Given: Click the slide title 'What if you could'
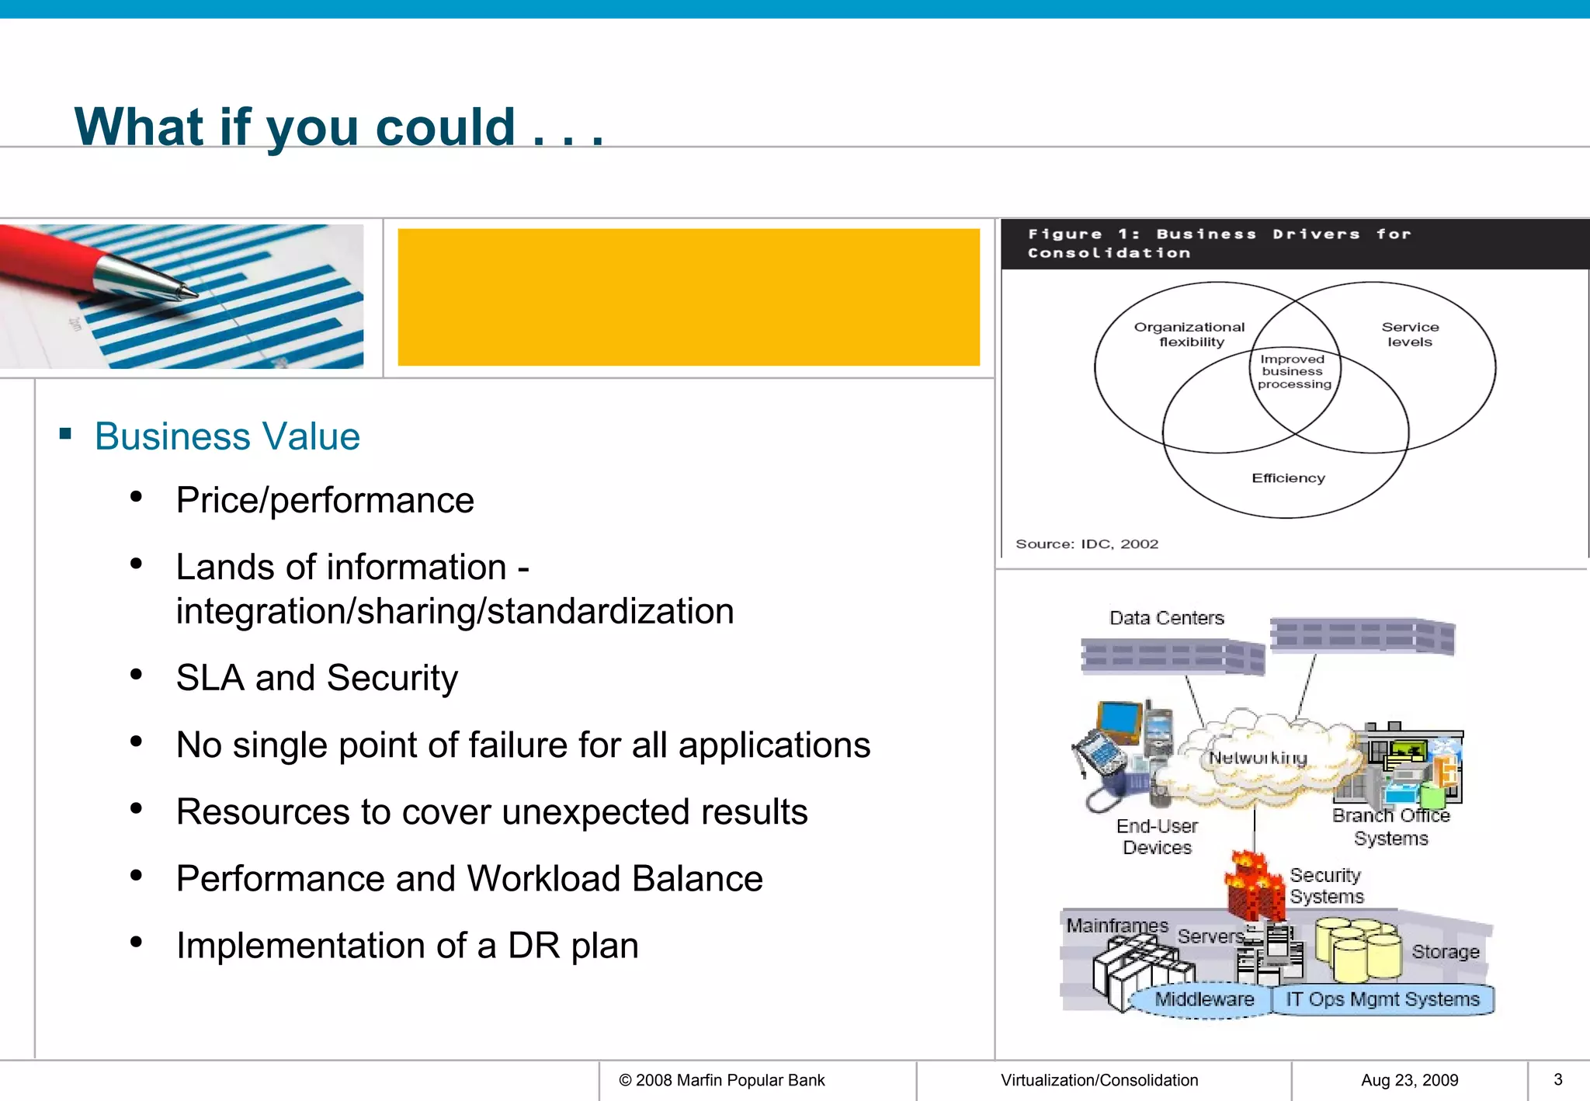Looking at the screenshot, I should (338, 127).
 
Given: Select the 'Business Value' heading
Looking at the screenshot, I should (227, 436).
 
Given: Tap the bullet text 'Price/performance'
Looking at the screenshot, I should (325, 500).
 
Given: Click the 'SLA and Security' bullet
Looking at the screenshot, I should (317, 678).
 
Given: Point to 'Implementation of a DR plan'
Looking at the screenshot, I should (407, 946).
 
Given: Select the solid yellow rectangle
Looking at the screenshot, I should (688, 297).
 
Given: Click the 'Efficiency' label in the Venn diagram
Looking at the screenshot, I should (1288, 478).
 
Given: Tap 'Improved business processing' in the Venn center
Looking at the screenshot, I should (1293, 372).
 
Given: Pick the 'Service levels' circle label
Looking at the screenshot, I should (1410, 335).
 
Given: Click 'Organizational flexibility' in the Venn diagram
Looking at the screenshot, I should (1189, 335).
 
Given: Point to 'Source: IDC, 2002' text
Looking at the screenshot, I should (1086, 544).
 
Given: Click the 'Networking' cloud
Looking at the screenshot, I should (1258, 758).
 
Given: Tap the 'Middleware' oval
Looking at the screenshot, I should (1203, 999).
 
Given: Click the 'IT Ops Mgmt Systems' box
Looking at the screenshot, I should (1382, 999).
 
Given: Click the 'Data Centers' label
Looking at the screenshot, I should (1166, 618).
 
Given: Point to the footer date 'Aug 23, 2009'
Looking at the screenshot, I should (1409, 1080).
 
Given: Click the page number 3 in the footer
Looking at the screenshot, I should (1557, 1079).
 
